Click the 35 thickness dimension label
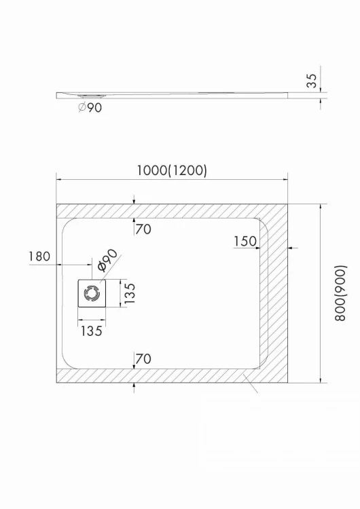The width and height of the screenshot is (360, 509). (x=312, y=81)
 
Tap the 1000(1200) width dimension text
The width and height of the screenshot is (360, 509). (x=171, y=171)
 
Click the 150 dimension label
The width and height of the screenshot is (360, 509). (x=245, y=241)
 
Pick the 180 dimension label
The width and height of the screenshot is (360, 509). (x=40, y=257)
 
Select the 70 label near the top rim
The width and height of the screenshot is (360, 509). (x=143, y=229)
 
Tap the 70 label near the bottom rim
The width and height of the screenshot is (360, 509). (x=143, y=358)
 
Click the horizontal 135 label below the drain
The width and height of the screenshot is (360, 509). (x=91, y=331)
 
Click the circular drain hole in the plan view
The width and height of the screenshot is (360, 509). (x=91, y=293)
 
